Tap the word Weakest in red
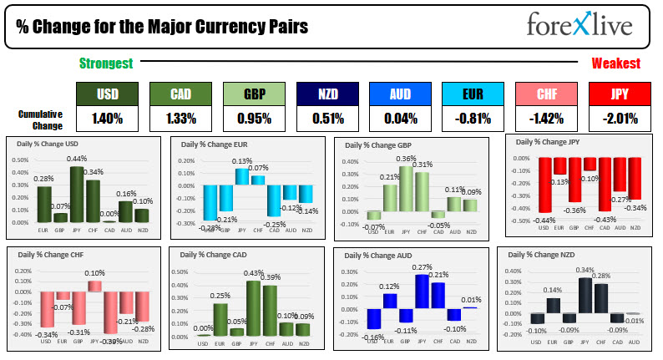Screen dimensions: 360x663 point(616,63)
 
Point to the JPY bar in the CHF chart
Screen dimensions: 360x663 point(94,286)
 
